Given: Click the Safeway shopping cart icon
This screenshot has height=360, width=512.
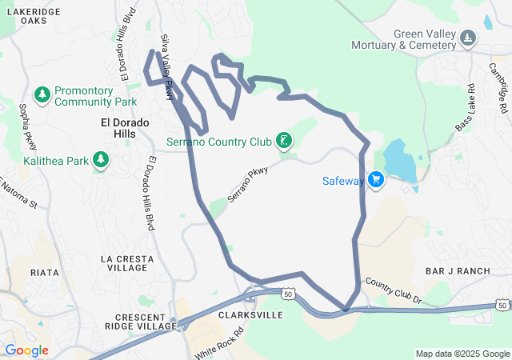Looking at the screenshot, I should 377,180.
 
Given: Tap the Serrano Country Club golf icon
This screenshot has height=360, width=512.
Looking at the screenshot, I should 283,142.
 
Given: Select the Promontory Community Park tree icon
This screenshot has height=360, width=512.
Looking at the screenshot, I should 42,95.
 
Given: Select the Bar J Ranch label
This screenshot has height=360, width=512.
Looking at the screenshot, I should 458,271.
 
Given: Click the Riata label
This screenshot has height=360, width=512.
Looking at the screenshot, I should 44,273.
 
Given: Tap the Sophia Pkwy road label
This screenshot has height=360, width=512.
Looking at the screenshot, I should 29,126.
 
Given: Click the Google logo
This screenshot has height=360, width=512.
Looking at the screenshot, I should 26,350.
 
